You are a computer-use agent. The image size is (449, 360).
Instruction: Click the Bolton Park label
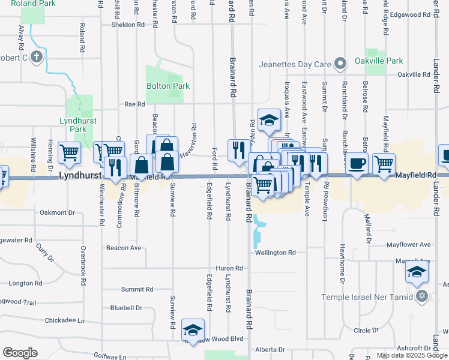168,86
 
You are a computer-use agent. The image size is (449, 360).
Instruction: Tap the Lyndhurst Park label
74,125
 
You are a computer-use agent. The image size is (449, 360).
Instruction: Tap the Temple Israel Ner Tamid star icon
422,296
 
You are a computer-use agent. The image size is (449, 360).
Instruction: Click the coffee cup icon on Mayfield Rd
358,163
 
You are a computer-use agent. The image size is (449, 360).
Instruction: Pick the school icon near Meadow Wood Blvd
193,330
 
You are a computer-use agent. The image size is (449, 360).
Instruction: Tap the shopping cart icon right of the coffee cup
384,163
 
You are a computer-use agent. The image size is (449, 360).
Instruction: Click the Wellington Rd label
276,253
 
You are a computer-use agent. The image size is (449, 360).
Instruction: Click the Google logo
20,353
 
